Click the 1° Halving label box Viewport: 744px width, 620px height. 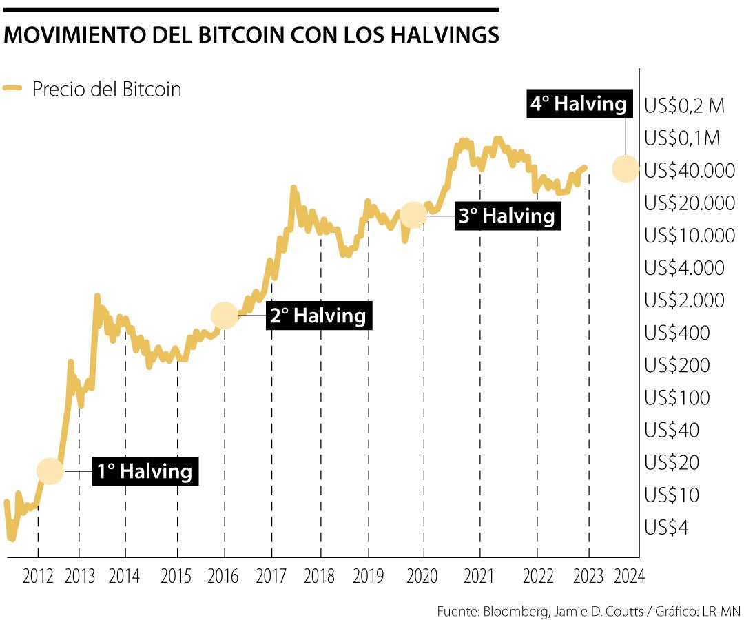[x=144, y=472]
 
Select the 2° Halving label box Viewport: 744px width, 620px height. [x=318, y=316]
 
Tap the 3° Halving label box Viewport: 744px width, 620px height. [x=507, y=216]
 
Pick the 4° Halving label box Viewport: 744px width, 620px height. [x=578, y=105]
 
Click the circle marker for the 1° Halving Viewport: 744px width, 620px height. [x=50, y=471]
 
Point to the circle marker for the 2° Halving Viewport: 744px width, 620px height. [x=224, y=315]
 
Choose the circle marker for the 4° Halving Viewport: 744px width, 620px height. [x=625, y=168]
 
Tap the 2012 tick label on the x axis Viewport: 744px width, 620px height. [x=38, y=577]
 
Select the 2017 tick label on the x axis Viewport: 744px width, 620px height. [x=272, y=577]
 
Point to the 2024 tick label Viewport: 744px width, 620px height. [x=629, y=577]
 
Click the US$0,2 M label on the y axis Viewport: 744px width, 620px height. [x=684, y=106]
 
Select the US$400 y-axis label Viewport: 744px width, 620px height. [x=677, y=333]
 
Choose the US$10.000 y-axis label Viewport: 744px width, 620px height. [x=690, y=236]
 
